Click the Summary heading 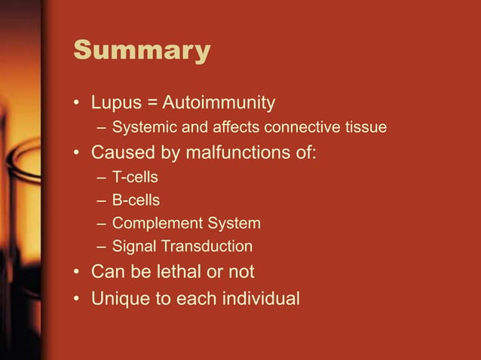pyautogui.click(x=142, y=51)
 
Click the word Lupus pyautogui.click(x=115, y=102)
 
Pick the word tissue pyautogui.click(x=366, y=127)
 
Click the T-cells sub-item pyautogui.click(x=136, y=178)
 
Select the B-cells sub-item pyautogui.click(x=136, y=200)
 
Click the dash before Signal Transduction pyautogui.click(x=102, y=246)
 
